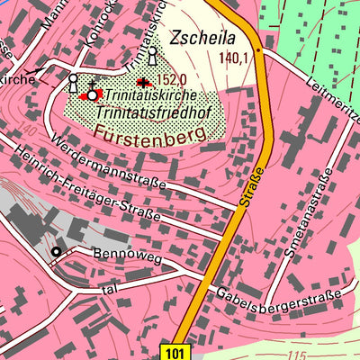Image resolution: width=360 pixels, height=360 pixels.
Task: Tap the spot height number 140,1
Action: [232, 58]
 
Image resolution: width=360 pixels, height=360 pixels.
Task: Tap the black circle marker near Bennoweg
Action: [56, 252]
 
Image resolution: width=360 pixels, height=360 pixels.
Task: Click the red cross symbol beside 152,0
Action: [144, 82]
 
